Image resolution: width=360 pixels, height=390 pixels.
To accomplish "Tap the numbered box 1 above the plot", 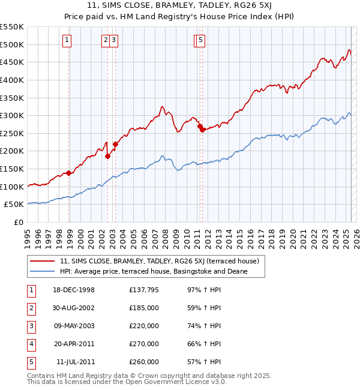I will click(x=66, y=40).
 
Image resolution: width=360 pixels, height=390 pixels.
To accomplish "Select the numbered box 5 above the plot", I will click(x=200, y=40).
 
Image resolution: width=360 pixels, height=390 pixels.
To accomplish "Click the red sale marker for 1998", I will click(x=69, y=173).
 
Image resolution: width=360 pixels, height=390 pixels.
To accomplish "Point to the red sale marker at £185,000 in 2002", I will click(x=108, y=156).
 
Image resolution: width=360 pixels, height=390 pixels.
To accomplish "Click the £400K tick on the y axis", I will click(x=12, y=80).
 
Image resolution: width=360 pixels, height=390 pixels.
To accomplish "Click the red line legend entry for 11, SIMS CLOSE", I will click(x=159, y=261).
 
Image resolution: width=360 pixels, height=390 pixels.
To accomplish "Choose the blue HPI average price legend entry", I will click(x=153, y=271).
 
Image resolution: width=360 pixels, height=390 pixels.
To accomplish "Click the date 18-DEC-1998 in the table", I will click(x=73, y=290).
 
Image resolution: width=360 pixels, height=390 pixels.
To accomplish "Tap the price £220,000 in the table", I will click(x=144, y=326).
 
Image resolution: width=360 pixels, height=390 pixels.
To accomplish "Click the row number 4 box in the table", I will click(x=29, y=344).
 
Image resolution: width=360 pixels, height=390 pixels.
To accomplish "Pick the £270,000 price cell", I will click(x=144, y=344).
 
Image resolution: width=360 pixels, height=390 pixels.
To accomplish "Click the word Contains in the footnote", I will click(x=40, y=376).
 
